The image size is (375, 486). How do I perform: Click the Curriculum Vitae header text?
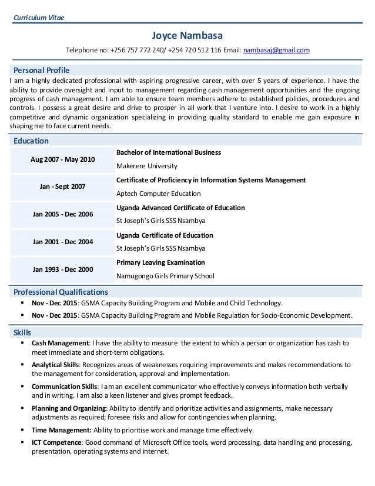click(x=39, y=16)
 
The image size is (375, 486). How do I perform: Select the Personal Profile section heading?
click(x=41, y=70)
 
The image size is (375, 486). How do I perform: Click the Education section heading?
click(x=31, y=141)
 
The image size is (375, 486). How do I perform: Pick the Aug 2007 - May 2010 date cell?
click(x=62, y=159)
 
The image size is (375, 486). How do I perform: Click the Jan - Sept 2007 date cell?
click(x=62, y=187)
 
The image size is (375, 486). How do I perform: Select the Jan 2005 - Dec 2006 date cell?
click(x=62, y=214)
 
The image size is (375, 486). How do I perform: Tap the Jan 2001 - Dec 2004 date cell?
click(x=62, y=241)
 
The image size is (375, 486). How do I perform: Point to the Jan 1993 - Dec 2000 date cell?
click(x=62, y=268)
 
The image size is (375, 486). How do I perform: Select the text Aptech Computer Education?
click(x=159, y=193)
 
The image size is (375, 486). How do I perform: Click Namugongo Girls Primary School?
click(x=166, y=275)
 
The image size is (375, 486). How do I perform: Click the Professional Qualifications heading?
click(x=61, y=292)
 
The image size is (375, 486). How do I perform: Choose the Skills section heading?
click(x=22, y=333)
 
